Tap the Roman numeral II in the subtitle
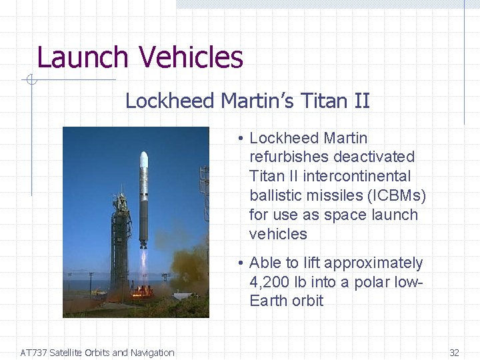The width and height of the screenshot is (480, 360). (361, 101)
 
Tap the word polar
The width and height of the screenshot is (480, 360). (374, 282)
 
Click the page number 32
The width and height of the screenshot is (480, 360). (454, 353)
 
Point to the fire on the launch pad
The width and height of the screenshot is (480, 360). (142, 291)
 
